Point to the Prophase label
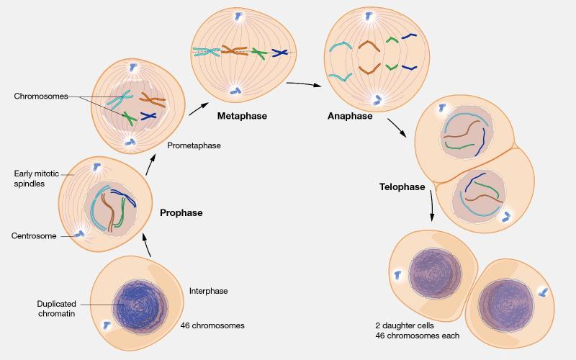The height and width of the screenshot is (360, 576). click(181, 212)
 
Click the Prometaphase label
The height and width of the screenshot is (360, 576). click(194, 145)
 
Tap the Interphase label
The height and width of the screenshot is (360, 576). click(208, 291)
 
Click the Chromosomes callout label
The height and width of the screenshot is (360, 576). click(41, 96)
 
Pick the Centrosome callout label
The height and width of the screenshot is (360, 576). click(33, 235)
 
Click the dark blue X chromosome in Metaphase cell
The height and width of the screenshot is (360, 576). click(279, 52)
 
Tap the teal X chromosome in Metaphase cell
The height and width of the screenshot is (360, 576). click(207, 52)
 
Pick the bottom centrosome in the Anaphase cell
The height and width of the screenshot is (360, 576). click(376, 100)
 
